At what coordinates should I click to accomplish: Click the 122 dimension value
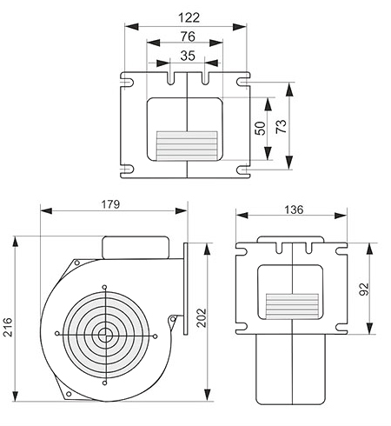click(x=189, y=17)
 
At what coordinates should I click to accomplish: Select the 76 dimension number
click(x=188, y=37)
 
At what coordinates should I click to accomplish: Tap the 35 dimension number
click(x=188, y=56)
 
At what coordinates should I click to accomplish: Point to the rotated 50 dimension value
click(x=260, y=128)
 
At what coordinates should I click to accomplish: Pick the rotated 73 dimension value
click(x=281, y=126)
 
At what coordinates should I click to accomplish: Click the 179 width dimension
click(x=110, y=204)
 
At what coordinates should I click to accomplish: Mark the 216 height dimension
click(x=8, y=327)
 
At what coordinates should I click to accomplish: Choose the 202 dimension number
click(x=202, y=318)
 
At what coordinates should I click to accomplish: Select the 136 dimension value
click(x=294, y=210)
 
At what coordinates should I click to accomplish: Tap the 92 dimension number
click(x=364, y=289)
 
